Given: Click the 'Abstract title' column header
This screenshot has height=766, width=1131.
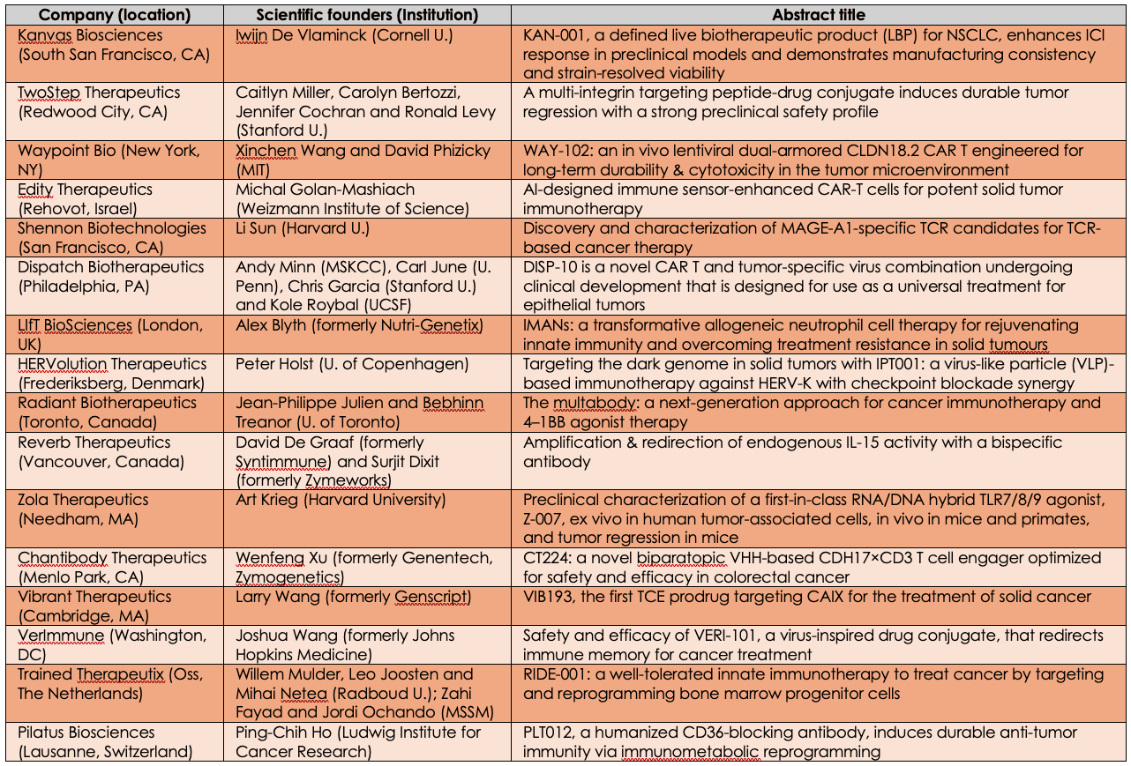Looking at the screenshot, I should [818, 15].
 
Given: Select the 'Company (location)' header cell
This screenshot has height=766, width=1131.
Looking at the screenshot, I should [115, 15].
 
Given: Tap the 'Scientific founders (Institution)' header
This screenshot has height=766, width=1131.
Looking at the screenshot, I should [367, 15].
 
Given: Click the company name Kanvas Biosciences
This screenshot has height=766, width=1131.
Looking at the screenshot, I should [91, 35].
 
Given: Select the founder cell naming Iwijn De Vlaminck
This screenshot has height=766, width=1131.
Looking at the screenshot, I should [345, 35].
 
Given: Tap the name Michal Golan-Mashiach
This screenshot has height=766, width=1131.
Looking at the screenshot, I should [325, 190].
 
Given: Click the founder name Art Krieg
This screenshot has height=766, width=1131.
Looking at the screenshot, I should [269, 500].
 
